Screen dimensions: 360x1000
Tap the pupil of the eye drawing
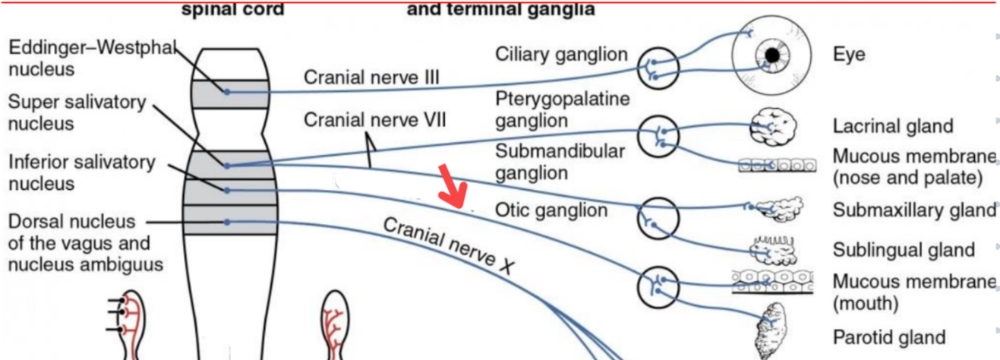coord(772,55)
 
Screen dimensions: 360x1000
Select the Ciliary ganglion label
coord(561,55)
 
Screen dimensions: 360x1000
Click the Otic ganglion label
coord(550,210)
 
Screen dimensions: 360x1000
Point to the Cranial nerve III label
coord(371,77)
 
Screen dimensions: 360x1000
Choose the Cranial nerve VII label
coord(374,120)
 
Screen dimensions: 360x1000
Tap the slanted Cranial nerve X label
coord(448,245)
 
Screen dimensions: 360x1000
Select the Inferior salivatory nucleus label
coord(81,173)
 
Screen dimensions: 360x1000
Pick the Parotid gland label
coord(889,337)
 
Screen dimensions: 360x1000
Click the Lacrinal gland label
coord(892,126)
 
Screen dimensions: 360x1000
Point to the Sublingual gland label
coord(904,250)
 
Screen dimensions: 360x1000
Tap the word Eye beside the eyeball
coord(849,55)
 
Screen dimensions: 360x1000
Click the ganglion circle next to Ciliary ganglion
coord(657,66)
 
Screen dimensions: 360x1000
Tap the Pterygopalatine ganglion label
coord(563,109)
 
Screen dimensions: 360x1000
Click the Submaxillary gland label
coord(913,210)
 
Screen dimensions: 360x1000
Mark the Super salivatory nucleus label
coord(77,112)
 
